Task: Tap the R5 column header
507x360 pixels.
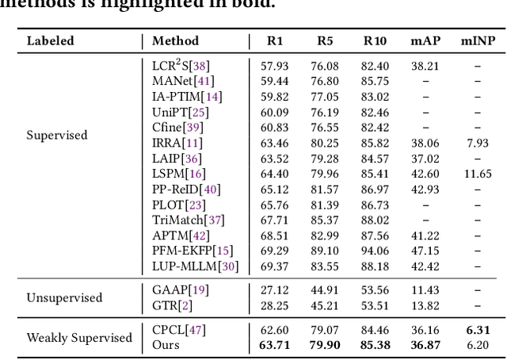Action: coord(325,40)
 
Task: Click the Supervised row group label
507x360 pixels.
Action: coord(57,135)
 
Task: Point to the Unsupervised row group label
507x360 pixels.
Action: coord(64,298)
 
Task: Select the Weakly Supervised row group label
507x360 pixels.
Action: coord(79,338)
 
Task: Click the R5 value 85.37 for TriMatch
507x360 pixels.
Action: coord(325,220)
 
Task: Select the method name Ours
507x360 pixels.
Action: coord(166,345)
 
